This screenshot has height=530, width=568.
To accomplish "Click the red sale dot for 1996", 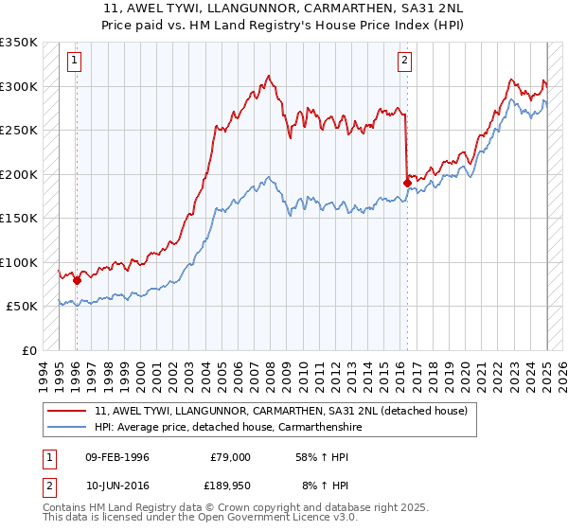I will pyautogui.click(x=77, y=280).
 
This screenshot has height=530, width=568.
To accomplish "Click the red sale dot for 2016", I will pyautogui.click(x=407, y=183).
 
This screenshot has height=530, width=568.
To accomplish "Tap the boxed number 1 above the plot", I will pyautogui.click(x=75, y=62).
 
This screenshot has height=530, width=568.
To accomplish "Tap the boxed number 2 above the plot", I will pyautogui.click(x=404, y=62).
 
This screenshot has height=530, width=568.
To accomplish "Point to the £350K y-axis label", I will pyautogui.click(x=18, y=43).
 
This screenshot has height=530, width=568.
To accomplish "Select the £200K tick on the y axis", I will pyautogui.click(x=18, y=174).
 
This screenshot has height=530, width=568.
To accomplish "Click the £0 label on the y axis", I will pyautogui.click(x=28, y=350).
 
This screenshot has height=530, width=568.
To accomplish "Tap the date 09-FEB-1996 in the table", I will pyautogui.click(x=117, y=457).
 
